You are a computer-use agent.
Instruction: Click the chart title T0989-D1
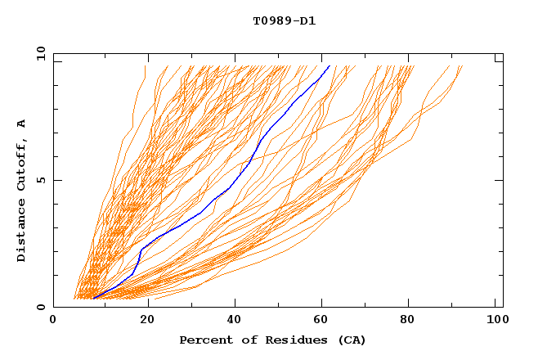pyautogui.click(x=284, y=20)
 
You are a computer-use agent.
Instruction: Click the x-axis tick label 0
pyautogui.click(x=53, y=321)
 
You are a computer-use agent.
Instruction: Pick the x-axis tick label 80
pyautogui.click(x=408, y=321)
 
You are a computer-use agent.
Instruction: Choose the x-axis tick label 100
pyautogui.click(x=496, y=321)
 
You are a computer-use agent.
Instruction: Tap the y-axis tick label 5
pyautogui.click(x=40, y=181)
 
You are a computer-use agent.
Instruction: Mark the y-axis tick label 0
pyautogui.click(x=40, y=307)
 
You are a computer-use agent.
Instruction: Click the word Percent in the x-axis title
pyautogui.click(x=203, y=340)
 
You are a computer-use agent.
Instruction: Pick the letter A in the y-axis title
pyautogui.click(x=22, y=123)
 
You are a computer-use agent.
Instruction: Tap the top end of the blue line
pyautogui.click(x=329, y=65)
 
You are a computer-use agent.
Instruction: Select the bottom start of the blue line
pyautogui.click(x=92, y=299)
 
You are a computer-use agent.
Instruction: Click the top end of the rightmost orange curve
pyautogui.click(x=462, y=65)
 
